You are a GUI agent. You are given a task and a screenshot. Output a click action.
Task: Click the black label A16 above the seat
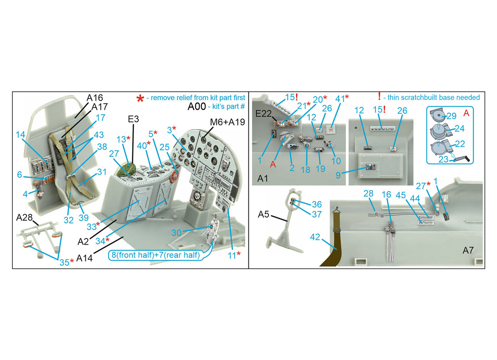coord(95,98)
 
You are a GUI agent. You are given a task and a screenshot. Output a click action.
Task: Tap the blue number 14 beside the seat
coord(20,134)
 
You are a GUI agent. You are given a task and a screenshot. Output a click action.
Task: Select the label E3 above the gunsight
coord(133,119)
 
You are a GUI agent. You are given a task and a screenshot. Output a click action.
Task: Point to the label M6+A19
coord(227,122)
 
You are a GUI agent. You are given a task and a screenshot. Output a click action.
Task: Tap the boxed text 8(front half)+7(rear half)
coord(156,255)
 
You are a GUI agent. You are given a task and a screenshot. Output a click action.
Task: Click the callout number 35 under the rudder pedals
coord(64,262)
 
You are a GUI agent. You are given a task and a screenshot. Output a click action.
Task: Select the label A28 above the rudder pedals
coord(24,218)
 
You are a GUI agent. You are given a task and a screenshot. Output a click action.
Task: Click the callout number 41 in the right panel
coord(340,99)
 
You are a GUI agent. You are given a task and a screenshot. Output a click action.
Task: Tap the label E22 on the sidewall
coord(263,113)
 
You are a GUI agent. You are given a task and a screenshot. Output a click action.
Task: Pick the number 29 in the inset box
coord(451,116)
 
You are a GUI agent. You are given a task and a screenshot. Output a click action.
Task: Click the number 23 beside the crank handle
coord(443,159)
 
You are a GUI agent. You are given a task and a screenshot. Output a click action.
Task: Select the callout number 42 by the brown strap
coord(315,237)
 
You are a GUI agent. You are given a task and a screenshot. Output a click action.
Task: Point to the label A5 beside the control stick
coord(263,214)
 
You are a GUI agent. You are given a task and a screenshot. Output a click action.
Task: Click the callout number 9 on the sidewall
coord(338,175)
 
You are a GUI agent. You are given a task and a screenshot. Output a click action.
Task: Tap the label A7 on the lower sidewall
coord(468,250)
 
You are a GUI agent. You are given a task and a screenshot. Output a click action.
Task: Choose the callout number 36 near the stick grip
coord(317,204)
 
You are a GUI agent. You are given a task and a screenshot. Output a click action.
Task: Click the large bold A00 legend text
coord(197,107)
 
